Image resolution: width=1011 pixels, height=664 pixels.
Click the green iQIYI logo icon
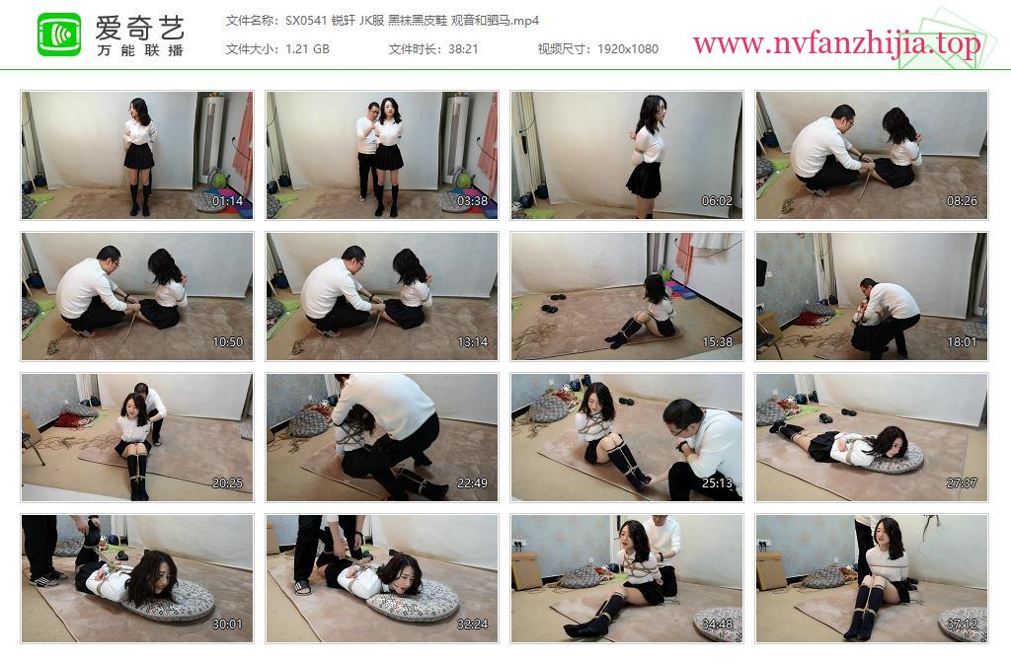tap(59, 35)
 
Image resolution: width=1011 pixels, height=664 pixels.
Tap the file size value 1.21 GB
tap(308, 49)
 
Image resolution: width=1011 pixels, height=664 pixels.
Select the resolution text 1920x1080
tap(627, 49)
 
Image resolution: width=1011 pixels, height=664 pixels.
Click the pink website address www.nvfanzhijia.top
tap(836, 43)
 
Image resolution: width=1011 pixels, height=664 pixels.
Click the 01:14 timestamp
tap(228, 201)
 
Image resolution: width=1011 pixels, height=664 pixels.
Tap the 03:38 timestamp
tap(473, 201)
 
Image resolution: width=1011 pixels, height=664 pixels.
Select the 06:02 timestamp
tap(717, 201)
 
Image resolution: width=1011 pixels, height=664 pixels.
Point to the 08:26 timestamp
tap(962, 201)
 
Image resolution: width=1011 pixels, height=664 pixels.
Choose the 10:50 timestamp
tap(228, 342)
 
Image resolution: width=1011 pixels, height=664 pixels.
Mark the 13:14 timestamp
tap(473, 342)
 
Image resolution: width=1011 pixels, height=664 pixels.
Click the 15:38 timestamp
tap(717, 342)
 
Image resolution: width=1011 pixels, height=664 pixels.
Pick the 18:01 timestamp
tap(962, 342)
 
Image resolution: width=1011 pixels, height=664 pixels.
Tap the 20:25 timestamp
tap(228, 483)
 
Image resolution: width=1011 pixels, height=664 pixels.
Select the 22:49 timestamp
tap(473, 483)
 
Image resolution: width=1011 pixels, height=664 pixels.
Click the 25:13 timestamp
tap(717, 483)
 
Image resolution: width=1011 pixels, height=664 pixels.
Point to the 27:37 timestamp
tap(962, 483)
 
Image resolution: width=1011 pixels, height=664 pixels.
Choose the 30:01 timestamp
tap(228, 625)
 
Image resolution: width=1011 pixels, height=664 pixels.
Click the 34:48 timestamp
tap(717, 625)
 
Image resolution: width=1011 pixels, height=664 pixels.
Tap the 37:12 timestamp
tap(962, 625)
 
